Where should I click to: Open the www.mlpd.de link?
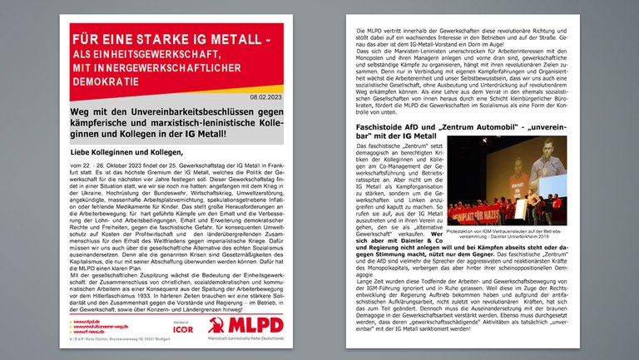coord(87,320)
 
